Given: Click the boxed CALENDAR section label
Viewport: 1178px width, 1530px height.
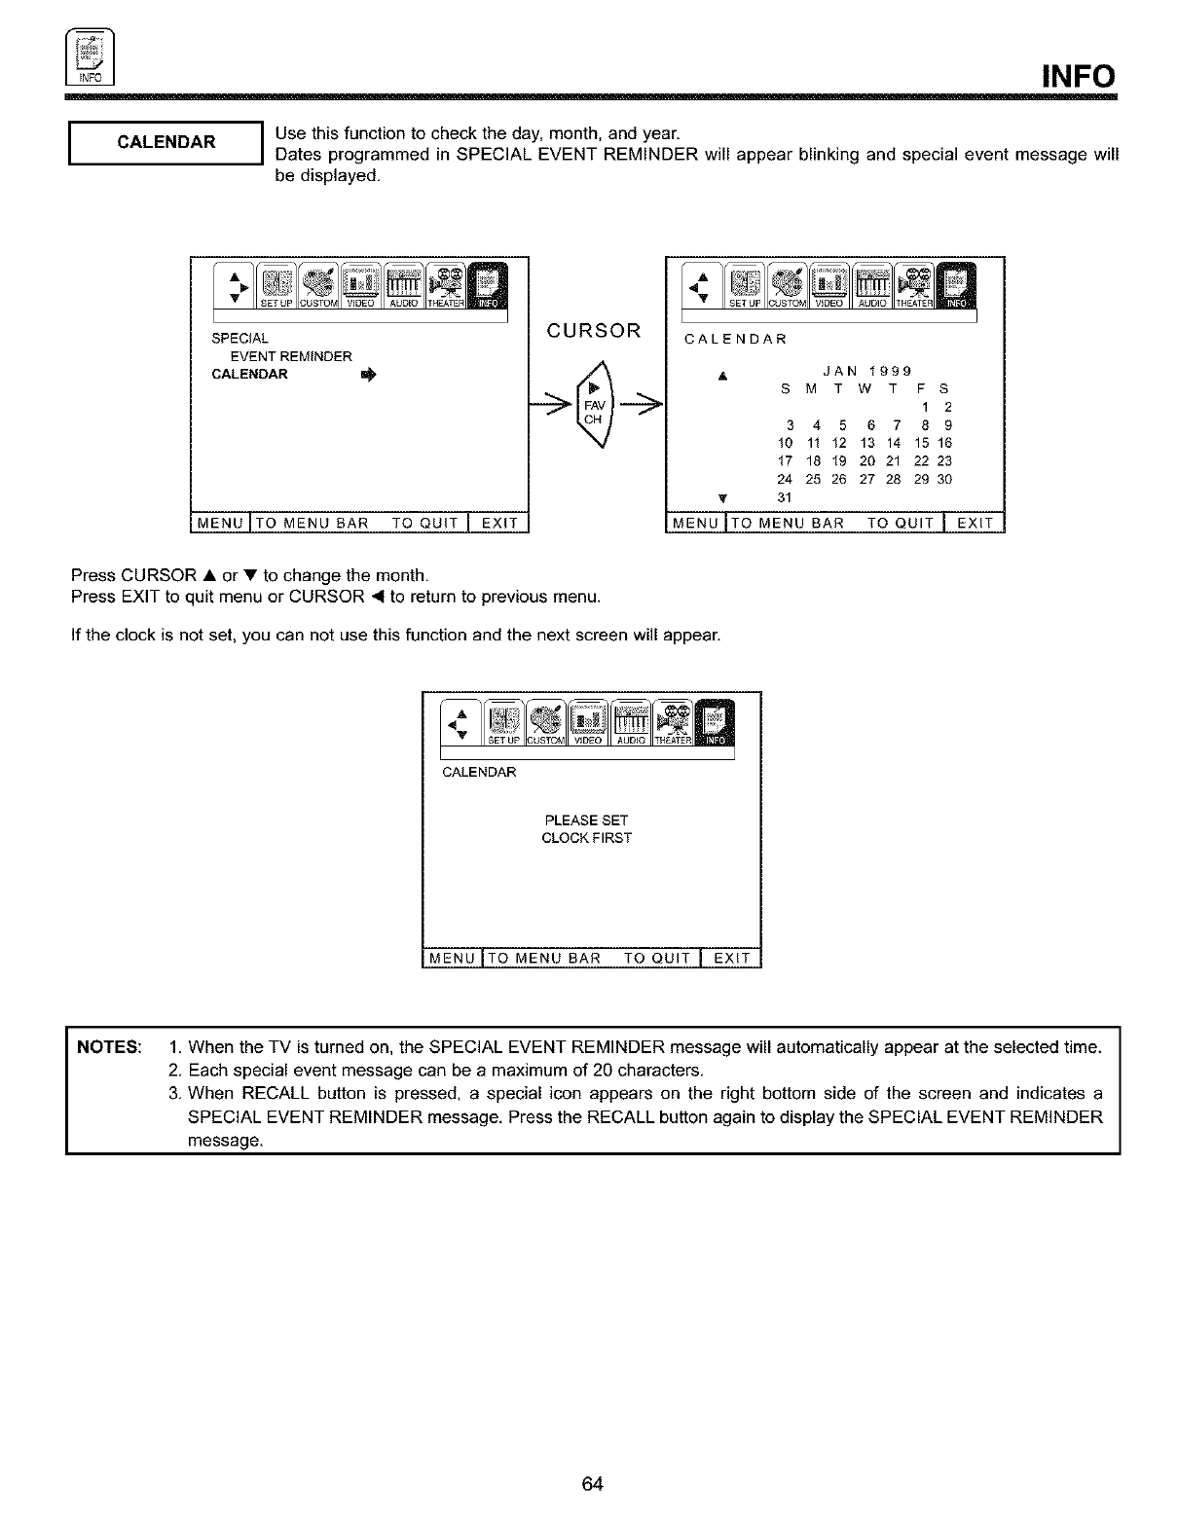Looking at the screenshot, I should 166,142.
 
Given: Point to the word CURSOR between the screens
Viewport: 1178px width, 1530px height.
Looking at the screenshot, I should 594,331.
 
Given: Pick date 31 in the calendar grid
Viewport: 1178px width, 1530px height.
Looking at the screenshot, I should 785,498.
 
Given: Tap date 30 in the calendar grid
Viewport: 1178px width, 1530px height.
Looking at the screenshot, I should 944,480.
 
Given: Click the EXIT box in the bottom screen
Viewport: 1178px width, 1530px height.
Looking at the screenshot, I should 732,958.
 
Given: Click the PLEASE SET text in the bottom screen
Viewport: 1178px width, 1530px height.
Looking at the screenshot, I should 586,820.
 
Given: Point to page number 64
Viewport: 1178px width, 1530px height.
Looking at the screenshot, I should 593,1483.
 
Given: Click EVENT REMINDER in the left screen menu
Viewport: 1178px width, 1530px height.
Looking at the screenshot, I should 290,356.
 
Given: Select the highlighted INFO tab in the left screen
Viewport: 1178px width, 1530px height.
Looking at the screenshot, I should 487,289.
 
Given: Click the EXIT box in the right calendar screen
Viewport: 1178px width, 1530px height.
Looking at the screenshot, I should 975,524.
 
